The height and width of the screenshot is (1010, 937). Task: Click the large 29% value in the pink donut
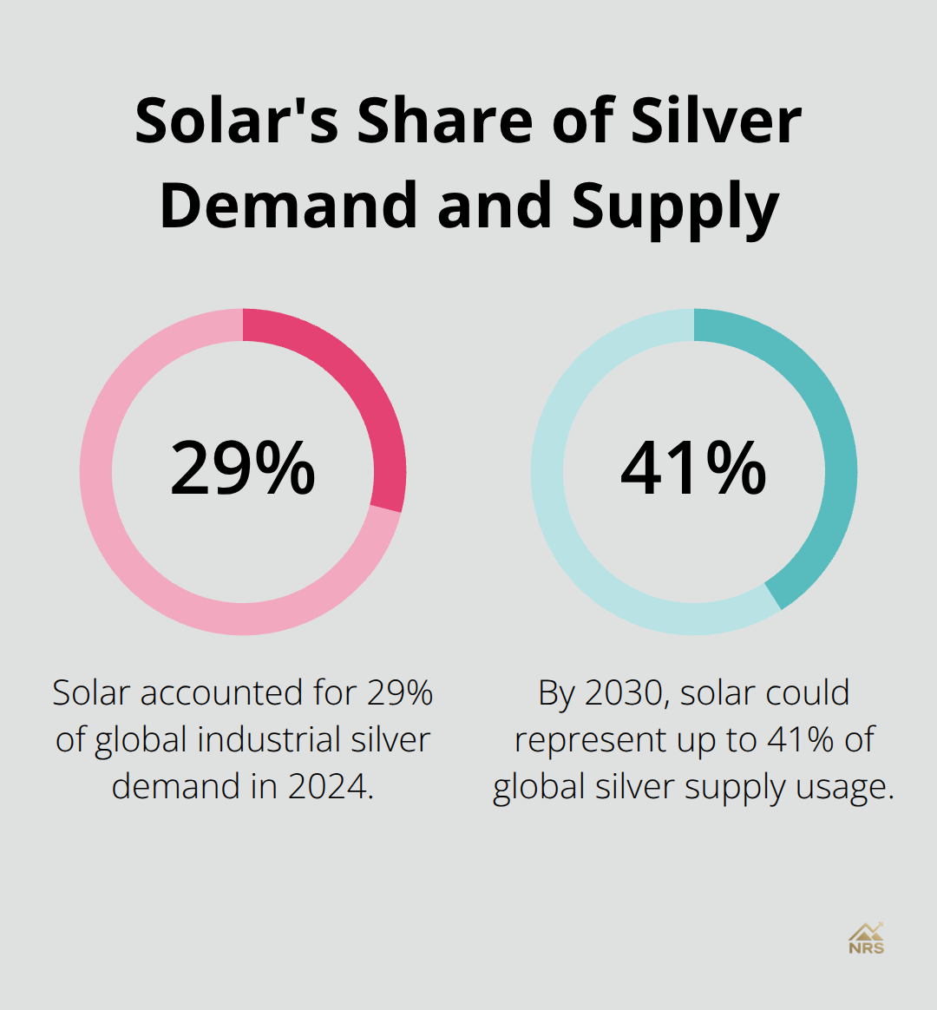pyautogui.click(x=243, y=469)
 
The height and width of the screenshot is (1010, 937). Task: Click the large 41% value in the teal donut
pyautogui.click(x=694, y=469)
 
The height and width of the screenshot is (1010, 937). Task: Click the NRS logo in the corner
pyautogui.click(x=866, y=938)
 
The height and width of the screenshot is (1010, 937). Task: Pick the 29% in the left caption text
pyautogui.click(x=400, y=693)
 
